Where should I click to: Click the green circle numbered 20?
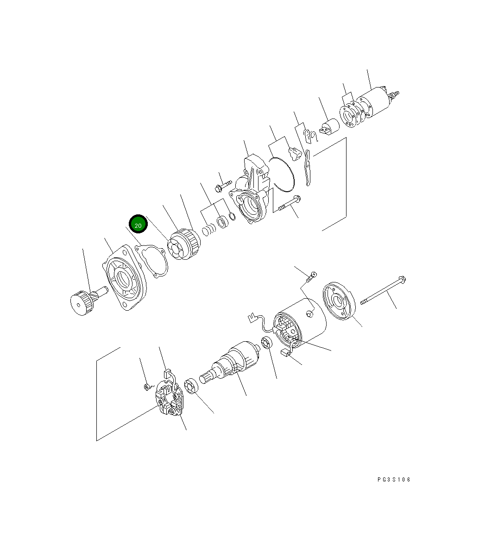click(x=138, y=225)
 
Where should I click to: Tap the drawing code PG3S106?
click(x=394, y=480)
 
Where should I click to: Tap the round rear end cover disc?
click(x=338, y=301)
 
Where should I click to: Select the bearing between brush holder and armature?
click(x=191, y=387)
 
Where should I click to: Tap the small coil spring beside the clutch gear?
click(x=210, y=229)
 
